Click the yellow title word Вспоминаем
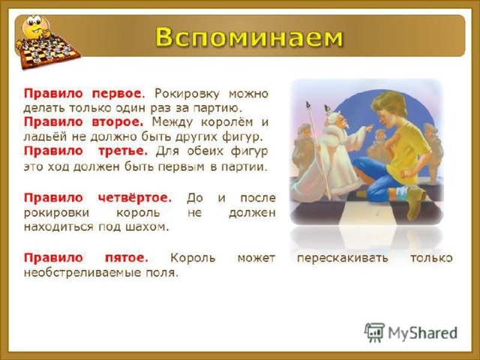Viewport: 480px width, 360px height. click(249, 37)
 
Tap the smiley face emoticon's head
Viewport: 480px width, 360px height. click(34, 26)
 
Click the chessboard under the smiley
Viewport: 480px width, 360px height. click(49, 52)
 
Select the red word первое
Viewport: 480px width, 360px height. click(117, 93)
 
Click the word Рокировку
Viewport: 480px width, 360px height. click(187, 93)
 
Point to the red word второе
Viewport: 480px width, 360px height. click(118, 121)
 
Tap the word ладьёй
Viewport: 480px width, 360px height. click(45, 136)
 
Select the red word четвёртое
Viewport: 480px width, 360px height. click(135, 198)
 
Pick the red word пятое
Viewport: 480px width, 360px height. click(127, 258)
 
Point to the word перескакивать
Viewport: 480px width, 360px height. click(343, 258)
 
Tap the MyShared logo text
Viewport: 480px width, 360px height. click(423, 333)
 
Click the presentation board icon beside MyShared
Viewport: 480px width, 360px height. click(374, 332)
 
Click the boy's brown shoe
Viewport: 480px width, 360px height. click(415, 202)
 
